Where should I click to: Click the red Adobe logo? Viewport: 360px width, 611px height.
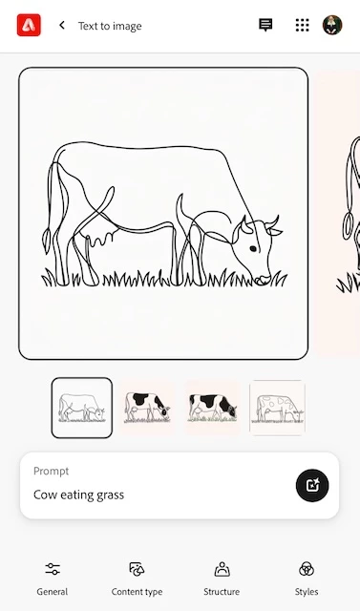(29, 25)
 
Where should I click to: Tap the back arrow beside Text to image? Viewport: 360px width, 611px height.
(61, 26)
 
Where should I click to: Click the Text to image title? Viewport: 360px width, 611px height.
(110, 26)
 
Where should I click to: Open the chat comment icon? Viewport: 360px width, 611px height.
(265, 25)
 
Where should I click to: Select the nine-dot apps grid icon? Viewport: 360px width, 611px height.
(302, 25)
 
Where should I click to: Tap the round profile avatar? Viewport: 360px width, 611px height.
(332, 25)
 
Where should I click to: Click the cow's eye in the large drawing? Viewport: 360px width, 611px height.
(253, 248)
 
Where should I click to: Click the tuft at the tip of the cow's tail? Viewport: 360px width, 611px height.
(47, 241)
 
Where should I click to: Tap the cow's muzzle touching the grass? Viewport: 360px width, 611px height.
(262, 280)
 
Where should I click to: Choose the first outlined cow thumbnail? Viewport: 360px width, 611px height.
(82, 408)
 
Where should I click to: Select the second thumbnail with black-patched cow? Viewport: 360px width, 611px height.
(147, 408)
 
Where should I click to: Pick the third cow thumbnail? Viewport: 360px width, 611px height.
(212, 408)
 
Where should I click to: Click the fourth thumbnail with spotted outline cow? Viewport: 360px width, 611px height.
(278, 408)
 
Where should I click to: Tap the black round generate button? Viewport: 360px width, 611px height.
(312, 485)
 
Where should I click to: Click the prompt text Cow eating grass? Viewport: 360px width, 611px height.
(78, 495)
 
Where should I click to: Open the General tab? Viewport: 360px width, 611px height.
(53, 579)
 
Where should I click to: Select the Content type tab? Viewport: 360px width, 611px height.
(137, 579)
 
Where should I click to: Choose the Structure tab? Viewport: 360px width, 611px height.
(222, 579)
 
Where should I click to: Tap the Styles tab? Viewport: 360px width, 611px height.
(307, 579)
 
